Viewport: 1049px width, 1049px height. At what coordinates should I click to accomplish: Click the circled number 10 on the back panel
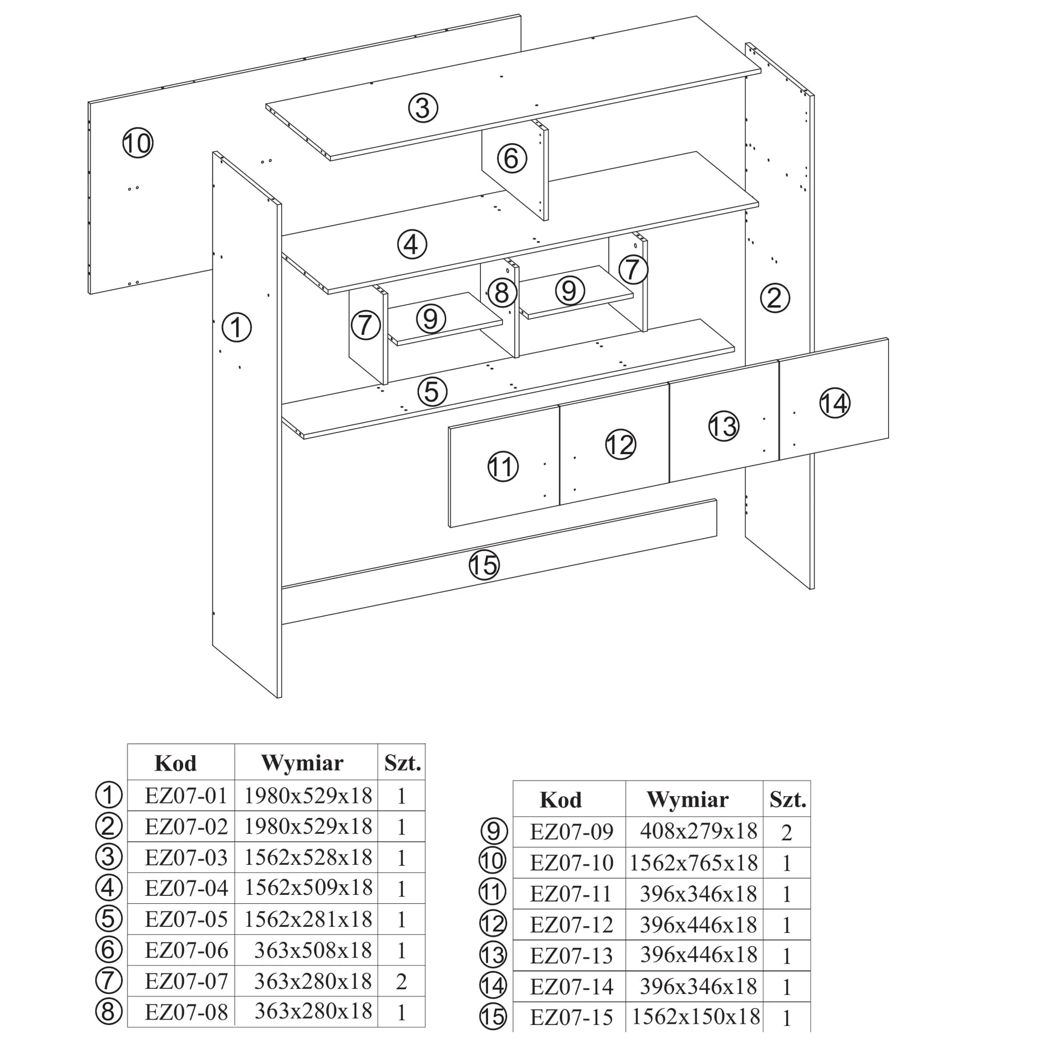pyautogui.click(x=138, y=143)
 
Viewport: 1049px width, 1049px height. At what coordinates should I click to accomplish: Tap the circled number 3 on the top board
pyautogui.click(x=423, y=108)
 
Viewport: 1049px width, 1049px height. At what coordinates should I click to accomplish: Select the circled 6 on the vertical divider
pyautogui.click(x=511, y=158)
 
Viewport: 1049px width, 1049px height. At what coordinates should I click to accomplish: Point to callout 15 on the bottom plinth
pyautogui.click(x=484, y=565)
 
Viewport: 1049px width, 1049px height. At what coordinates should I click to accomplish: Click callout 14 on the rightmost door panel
pyautogui.click(x=834, y=403)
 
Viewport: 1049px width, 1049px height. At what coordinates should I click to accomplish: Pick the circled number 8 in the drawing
pyautogui.click(x=502, y=293)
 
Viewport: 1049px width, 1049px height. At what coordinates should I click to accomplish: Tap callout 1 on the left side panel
pyautogui.click(x=236, y=327)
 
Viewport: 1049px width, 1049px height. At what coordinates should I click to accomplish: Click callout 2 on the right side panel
pyautogui.click(x=774, y=297)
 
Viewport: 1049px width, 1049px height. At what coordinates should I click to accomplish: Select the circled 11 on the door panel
pyautogui.click(x=503, y=466)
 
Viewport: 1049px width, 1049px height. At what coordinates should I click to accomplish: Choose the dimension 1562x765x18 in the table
pyautogui.click(x=693, y=863)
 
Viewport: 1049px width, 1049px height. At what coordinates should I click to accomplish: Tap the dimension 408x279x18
pyautogui.click(x=698, y=831)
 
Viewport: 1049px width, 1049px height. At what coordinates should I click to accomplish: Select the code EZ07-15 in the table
pyautogui.click(x=571, y=1017)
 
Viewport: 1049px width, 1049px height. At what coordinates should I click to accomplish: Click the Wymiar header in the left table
pyautogui.click(x=303, y=763)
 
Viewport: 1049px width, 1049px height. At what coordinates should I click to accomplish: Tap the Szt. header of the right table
pyautogui.click(x=787, y=800)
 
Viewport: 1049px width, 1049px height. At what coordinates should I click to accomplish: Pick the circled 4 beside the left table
pyautogui.click(x=108, y=888)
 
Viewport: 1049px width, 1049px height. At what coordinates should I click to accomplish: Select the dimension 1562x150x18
pyautogui.click(x=695, y=1016)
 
